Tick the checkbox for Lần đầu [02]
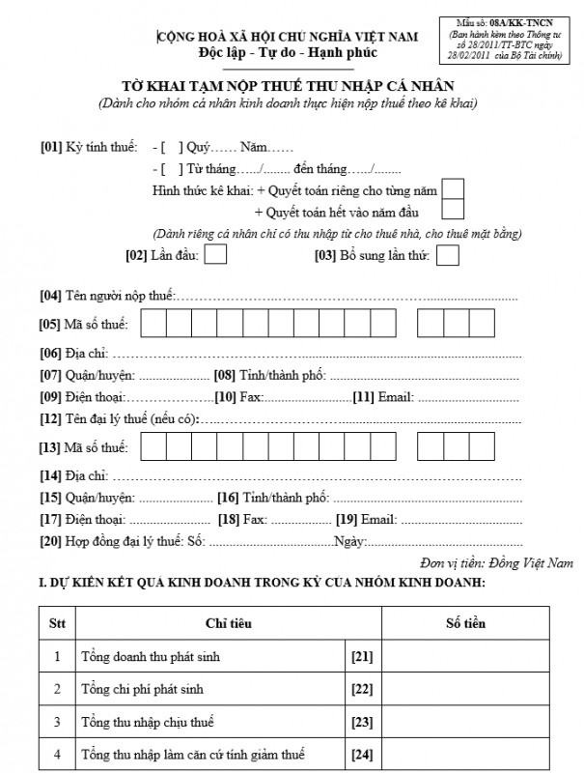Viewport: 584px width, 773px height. tap(216, 255)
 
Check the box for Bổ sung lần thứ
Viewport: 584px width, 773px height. tap(447, 255)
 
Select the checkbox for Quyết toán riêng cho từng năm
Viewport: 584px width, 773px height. tap(453, 188)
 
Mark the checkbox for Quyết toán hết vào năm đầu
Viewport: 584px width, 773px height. tap(453, 210)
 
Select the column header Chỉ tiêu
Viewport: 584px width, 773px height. tap(229, 623)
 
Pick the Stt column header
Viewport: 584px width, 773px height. tap(57, 623)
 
